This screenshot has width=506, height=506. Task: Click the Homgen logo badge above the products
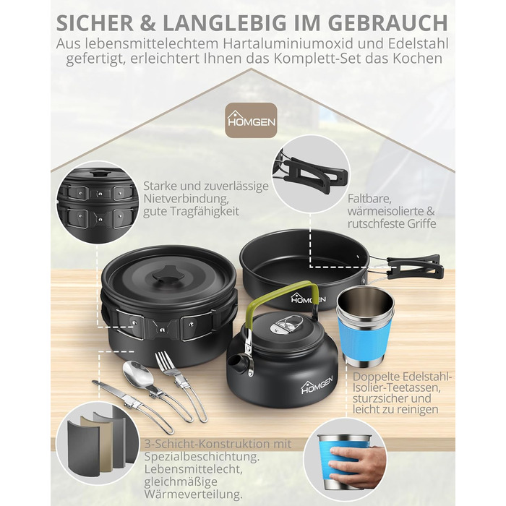(x=251, y=121)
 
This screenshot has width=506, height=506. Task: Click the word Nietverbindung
(x=186, y=199)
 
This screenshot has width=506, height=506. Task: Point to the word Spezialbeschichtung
(x=202, y=457)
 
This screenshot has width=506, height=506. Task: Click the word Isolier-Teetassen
(x=397, y=387)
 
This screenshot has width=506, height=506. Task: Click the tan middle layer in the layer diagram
(x=97, y=444)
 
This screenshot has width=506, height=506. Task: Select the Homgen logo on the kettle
(x=317, y=385)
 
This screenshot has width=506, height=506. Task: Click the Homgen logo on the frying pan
(x=308, y=299)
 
